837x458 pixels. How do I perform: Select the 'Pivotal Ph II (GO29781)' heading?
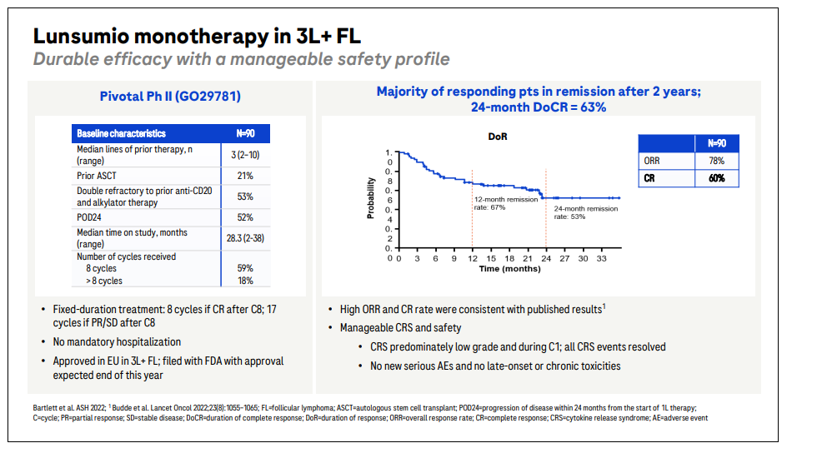click(x=170, y=97)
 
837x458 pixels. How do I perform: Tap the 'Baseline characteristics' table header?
click(x=121, y=133)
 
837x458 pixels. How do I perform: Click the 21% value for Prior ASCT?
click(x=244, y=177)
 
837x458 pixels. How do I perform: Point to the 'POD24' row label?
click(x=89, y=217)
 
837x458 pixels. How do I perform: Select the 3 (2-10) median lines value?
click(x=244, y=155)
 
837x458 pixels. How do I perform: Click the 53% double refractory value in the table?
click(x=244, y=197)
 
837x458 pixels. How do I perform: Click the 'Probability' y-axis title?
click(x=370, y=199)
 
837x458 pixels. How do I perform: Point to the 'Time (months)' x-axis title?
click(x=509, y=269)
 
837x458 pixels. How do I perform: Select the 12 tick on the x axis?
click(x=473, y=259)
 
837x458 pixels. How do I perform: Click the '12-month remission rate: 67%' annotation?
click(x=504, y=203)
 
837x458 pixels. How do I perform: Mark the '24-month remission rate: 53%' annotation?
click(x=586, y=212)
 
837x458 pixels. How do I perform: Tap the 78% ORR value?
click(x=716, y=160)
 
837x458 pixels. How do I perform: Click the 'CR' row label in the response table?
click(x=650, y=177)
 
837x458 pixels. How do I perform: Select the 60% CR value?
click(x=716, y=177)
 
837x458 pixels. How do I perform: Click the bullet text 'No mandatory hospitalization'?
click(x=117, y=341)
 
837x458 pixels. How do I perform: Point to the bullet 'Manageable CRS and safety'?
click(x=400, y=327)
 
